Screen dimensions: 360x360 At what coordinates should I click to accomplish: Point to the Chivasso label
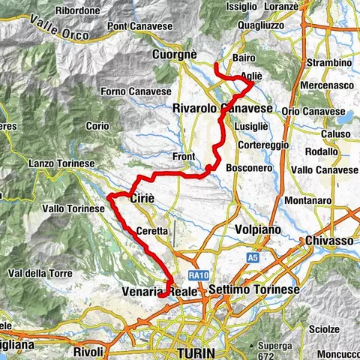[x=329, y=241]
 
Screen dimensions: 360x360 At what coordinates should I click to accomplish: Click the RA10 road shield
[x=198, y=274]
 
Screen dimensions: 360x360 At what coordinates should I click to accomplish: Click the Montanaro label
[x=309, y=201]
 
